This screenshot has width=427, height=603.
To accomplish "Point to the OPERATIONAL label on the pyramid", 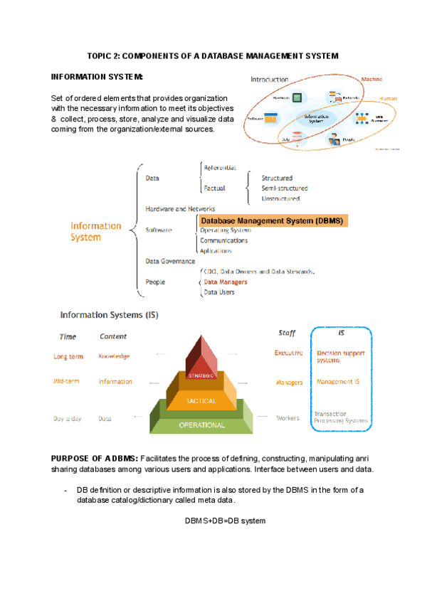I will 201,425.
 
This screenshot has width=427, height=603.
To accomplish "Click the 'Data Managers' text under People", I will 226,282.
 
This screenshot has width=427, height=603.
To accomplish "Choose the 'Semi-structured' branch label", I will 285,188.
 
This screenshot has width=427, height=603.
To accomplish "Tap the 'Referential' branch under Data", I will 220,168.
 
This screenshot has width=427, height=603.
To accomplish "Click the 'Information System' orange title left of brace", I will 96,232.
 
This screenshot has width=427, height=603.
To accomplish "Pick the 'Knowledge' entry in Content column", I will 114,356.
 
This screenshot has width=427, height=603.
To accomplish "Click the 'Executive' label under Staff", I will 289,353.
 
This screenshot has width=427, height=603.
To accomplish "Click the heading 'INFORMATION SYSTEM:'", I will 97,76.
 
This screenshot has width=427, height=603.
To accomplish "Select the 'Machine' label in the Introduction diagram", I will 371,80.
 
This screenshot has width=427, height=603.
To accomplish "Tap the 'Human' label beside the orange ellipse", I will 388,98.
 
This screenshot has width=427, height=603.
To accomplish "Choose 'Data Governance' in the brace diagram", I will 170,261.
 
